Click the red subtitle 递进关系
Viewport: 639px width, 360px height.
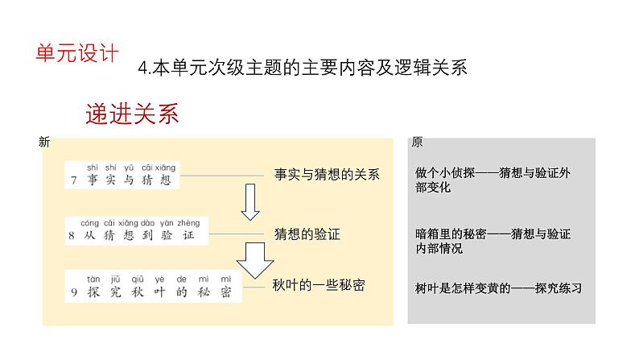coord(131,114)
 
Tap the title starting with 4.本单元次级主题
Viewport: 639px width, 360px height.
coord(302,68)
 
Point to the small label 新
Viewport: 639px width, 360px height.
coord(44,143)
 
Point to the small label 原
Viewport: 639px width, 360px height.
coord(416,143)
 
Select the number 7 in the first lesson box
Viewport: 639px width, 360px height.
coord(73,180)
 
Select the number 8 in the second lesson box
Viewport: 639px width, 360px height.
coord(73,235)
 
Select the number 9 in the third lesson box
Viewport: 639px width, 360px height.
coord(73,291)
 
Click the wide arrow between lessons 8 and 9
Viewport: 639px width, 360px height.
coord(249,260)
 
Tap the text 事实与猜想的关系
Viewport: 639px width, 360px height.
coord(326,174)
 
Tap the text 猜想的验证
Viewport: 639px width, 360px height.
coord(307,235)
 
